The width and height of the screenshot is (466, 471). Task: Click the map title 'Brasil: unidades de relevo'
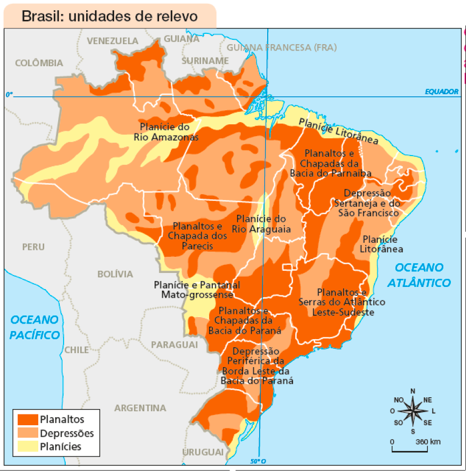tap(109, 16)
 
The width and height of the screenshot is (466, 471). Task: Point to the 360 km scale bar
tap(409, 447)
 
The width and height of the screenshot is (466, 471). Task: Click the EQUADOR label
tap(441, 92)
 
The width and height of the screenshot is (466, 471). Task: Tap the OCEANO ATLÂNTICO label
tap(419, 275)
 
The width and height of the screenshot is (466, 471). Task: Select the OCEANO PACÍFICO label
tap(34, 327)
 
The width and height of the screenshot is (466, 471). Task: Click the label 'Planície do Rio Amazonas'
tap(165, 132)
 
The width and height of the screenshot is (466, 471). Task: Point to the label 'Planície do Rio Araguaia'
tap(261, 224)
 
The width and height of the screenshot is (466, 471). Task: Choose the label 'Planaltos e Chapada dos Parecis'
tap(197, 236)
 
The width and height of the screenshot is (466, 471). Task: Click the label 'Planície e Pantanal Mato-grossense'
tap(197, 290)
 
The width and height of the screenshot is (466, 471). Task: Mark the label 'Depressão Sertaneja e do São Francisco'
tap(367, 203)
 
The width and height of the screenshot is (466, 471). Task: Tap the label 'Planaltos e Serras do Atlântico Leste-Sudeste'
tap(342, 302)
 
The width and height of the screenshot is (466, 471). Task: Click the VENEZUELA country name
tap(112, 41)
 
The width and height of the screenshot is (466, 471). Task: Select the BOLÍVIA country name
tap(115, 274)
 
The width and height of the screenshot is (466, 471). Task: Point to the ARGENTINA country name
tap(140, 408)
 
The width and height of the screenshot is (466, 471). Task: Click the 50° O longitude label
tap(258, 461)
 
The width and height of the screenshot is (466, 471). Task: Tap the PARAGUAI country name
tap(174, 344)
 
